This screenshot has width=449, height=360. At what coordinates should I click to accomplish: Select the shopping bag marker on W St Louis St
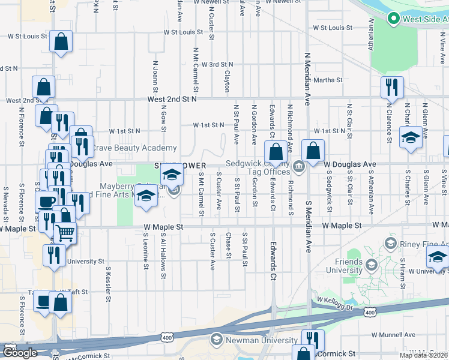pyautogui.click(x=61, y=42)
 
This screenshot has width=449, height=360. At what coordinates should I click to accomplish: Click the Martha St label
pyautogui.click(x=328, y=79)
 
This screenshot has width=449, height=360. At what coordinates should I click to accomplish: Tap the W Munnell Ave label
pyautogui.click(x=393, y=334)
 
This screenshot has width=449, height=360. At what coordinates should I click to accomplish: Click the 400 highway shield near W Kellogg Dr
pyautogui.click(x=370, y=312)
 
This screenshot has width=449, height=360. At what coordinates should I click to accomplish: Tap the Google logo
pyautogui.click(x=20, y=353)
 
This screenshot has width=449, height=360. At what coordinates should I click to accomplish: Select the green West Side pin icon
pyautogui.click(x=394, y=19)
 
